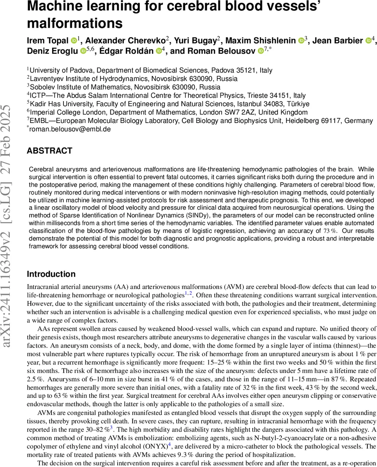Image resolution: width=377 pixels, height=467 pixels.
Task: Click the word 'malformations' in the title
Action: (x=74, y=23)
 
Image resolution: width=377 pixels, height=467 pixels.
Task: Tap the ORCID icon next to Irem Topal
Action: (x=74, y=40)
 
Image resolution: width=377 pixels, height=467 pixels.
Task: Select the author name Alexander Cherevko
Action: (x=125, y=40)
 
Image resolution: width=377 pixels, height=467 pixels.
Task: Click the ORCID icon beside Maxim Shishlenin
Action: (x=301, y=40)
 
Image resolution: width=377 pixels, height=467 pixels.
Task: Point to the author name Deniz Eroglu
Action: (x=52, y=51)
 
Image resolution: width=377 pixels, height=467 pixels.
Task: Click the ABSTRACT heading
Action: (x=49, y=151)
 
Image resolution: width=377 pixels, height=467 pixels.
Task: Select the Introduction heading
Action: (x=51, y=274)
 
